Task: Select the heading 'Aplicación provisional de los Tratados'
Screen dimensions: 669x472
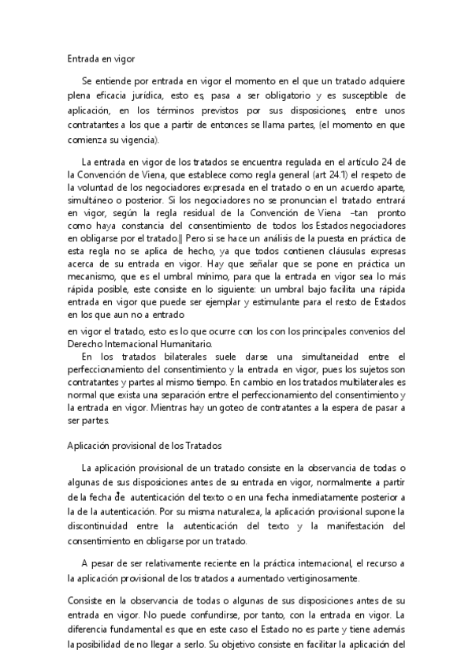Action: (x=145, y=444)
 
